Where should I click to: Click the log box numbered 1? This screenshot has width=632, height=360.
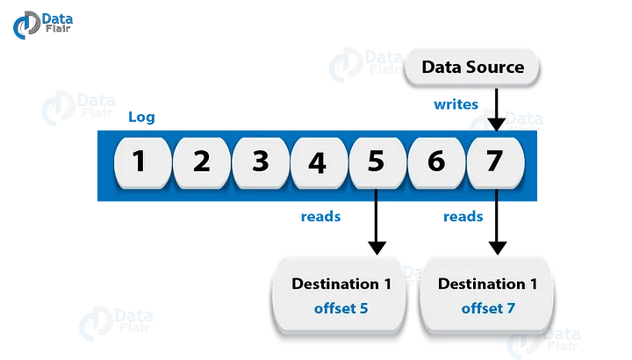coord(139,162)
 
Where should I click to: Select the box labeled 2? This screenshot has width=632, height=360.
coord(201,162)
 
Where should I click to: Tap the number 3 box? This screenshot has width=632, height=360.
coord(260,162)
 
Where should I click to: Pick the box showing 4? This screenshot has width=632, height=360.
coord(318,162)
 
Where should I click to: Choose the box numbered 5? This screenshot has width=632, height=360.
coord(376,162)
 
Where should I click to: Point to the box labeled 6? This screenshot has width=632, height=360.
coord(435,162)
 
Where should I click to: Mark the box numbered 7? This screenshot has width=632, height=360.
coord(494,162)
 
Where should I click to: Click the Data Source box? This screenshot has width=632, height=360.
coord(472,67)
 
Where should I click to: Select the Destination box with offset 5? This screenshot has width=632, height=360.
coord(341,293)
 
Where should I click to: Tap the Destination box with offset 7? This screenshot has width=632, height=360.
coord(487,293)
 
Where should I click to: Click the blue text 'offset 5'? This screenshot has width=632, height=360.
coord(341,308)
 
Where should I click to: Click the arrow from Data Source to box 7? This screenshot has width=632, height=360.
coord(497,111)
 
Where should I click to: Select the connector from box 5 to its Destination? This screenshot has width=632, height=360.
coord(377,230)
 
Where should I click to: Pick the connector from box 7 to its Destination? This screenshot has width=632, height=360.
coord(499,230)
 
